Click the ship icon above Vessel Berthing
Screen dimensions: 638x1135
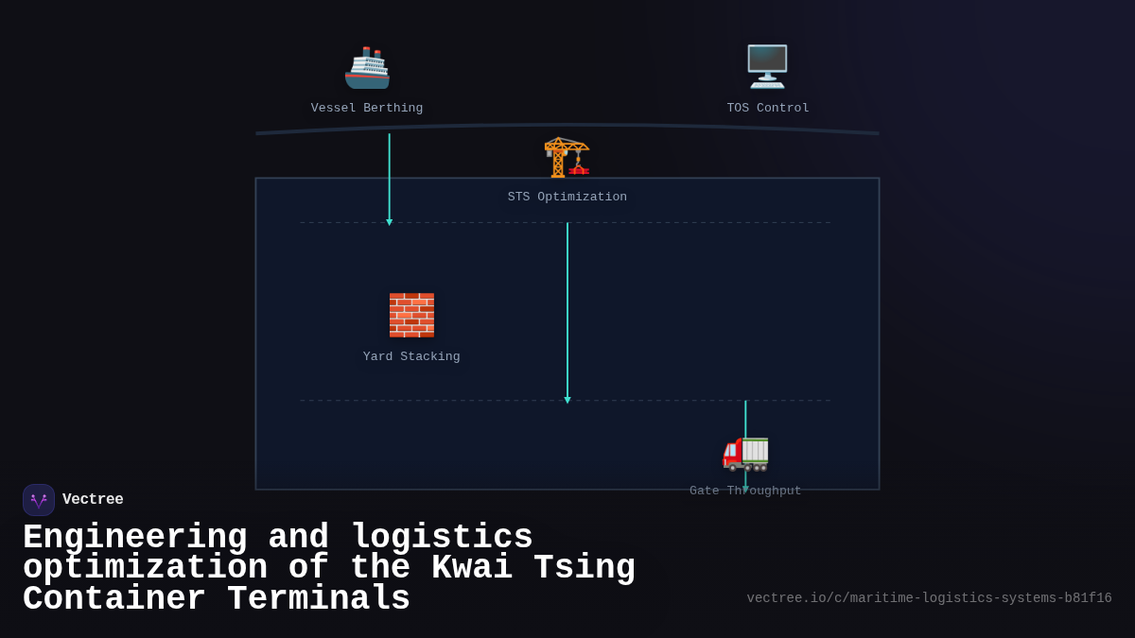coord(367,67)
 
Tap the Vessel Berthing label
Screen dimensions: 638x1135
coord(367,108)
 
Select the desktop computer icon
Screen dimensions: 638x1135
coord(767,66)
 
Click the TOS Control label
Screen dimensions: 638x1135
coord(767,108)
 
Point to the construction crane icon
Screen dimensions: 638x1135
coord(567,157)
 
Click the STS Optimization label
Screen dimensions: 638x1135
coord(567,197)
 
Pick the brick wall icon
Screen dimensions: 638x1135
coord(411,315)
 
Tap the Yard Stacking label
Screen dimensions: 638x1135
coord(411,356)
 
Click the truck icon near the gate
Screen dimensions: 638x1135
coord(745,452)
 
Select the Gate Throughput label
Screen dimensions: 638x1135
coord(745,491)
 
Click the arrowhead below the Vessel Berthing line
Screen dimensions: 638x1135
coord(389,222)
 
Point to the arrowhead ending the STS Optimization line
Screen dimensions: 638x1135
coord(567,400)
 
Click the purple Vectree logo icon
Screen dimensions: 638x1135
coord(39,500)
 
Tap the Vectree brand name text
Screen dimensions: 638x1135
coord(93,499)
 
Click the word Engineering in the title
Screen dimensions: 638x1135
coord(134,538)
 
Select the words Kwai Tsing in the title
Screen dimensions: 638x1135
coord(533,568)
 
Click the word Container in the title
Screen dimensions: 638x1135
coord(113,599)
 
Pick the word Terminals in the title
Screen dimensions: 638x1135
coord(319,599)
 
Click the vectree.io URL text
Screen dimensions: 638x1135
coord(929,597)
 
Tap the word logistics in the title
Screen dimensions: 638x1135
coord(442,538)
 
